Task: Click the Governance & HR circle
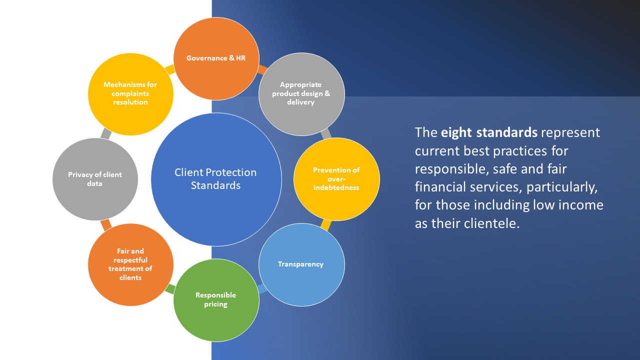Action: coord(216,58)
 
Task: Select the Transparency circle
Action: coord(301,264)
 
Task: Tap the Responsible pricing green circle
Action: coord(216,300)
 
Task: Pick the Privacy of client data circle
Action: coord(95,179)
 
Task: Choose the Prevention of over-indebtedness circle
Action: coord(336,179)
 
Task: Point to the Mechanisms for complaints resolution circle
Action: coord(130,94)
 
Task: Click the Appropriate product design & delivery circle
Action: coord(301,94)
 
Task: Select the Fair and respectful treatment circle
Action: coord(130,264)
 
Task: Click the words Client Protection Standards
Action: coord(215,179)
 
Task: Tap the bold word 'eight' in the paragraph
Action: coord(456,132)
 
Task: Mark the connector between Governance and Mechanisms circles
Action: coord(169,69)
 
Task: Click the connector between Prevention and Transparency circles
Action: coord(325,224)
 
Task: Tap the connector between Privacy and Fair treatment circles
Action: coord(106,225)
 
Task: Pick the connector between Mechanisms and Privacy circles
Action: coord(106,133)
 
